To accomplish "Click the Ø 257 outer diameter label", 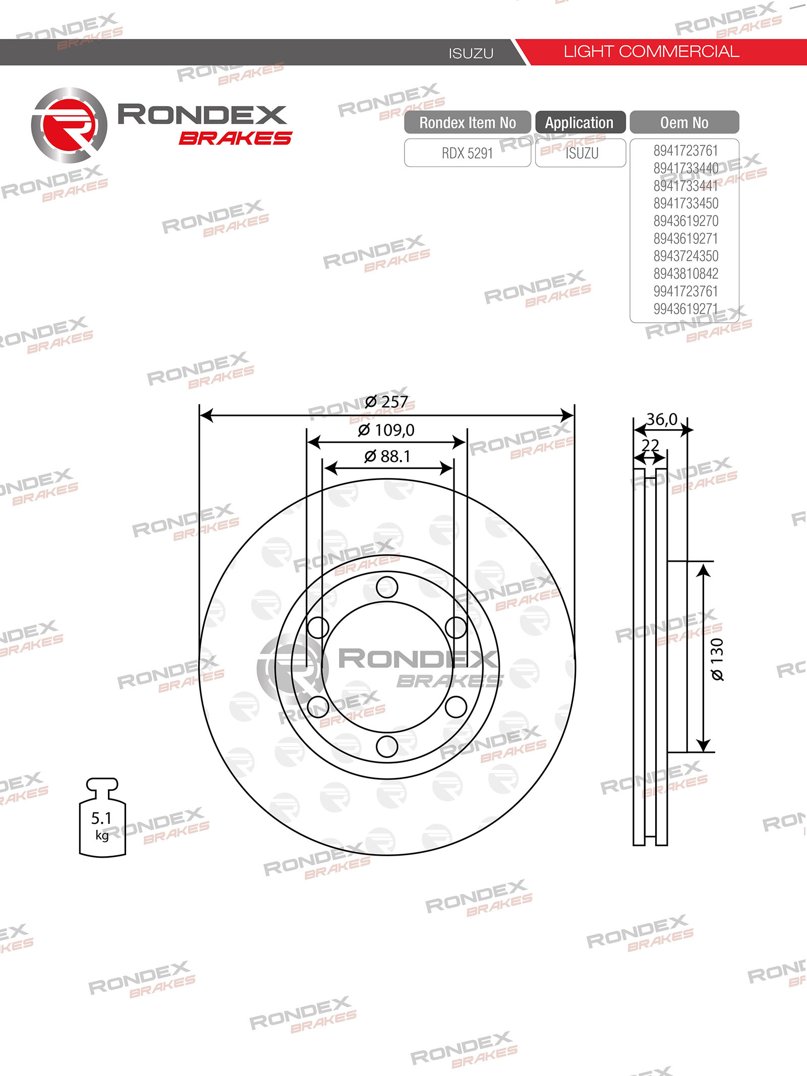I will pyautogui.click(x=386, y=402).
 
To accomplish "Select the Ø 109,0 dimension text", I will pyautogui.click(x=386, y=430).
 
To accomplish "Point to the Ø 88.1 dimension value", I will pyautogui.click(x=387, y=456).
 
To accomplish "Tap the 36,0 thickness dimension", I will pyautogui.click(x=662, y=420).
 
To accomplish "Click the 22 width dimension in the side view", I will pyautogui.click(x=650, y=445).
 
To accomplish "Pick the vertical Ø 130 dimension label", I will pyautogui.click(x=717, y=660).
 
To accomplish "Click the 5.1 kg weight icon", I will pyautogui.click(x=102, y=819).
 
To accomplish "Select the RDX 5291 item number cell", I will pyautogui.click(x=467, y=153).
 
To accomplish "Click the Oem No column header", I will pyautogui.click(x=684, y=123).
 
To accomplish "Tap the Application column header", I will pyautogui.click(x=580, y=123).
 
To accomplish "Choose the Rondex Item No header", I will pyautogui.click(x=467, y=123).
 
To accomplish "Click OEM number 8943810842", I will pyautogui.click(x=685, y=274).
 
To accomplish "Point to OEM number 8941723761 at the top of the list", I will pyautogui.click(x=685, y=151).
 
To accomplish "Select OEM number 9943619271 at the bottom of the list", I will pyautogui.click(x=685, y=309).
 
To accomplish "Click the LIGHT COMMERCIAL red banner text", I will pyautogui.click(x=651, y=51).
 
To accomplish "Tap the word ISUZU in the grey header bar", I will pyautogui.click(x=471, y=53).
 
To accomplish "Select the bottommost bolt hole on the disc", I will pyautogui.click(x=387, y=746).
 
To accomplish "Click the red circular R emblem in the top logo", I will pyautogui.click(x=69, y=126).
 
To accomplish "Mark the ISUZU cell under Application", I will pyautogui.click(x=582, y=153).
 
